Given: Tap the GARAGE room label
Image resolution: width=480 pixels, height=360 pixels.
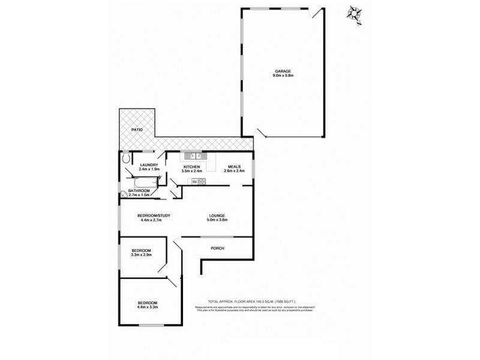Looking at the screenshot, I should tap(282, 71).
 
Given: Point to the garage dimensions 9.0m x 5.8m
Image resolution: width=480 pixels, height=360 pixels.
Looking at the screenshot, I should tap(282, 76).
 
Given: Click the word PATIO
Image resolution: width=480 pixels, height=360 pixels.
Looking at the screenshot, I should tap(137, 130).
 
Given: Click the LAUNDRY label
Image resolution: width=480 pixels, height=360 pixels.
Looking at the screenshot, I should tap(149, 165).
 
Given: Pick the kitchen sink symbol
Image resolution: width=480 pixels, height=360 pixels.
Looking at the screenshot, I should tap(199, 157).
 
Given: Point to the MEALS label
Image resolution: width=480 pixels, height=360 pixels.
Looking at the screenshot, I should tap(234, 166).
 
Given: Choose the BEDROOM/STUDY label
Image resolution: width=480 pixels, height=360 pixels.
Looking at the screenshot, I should tap(150, 215).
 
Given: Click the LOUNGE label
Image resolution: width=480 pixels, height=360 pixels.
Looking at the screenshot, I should tap(217, 215).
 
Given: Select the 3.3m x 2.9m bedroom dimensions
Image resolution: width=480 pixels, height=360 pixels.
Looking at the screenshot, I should tap(141, 256).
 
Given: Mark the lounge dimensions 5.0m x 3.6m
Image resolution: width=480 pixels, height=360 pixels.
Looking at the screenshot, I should tap(217, 221).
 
